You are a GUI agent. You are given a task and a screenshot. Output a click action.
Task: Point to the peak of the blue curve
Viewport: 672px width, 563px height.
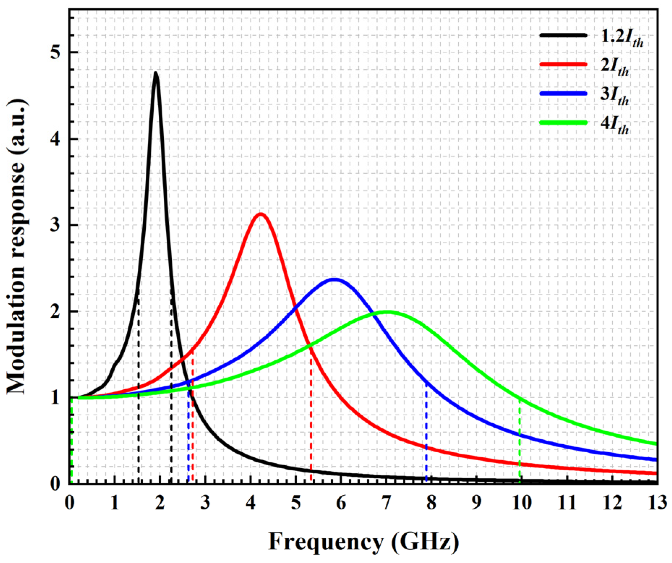click(x=335, y=279)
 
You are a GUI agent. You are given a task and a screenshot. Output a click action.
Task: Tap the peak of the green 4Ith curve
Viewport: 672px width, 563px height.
click(x=387, y=312)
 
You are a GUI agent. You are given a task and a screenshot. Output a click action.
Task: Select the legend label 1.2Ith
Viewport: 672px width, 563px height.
click(x=622, y=39)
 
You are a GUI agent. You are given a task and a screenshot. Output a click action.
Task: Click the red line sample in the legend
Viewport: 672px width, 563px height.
click(x=563, y=64)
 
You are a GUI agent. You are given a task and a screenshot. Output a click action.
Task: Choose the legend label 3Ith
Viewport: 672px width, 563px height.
click(x=615, y=96)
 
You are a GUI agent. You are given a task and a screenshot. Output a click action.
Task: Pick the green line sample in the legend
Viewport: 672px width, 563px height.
click(x=563, y=122)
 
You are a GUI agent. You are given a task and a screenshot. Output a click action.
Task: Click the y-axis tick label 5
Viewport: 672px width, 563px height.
click(x=54, y=52)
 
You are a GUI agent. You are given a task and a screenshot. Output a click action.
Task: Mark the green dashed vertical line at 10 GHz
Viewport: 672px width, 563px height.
click(x=520, y=441)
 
